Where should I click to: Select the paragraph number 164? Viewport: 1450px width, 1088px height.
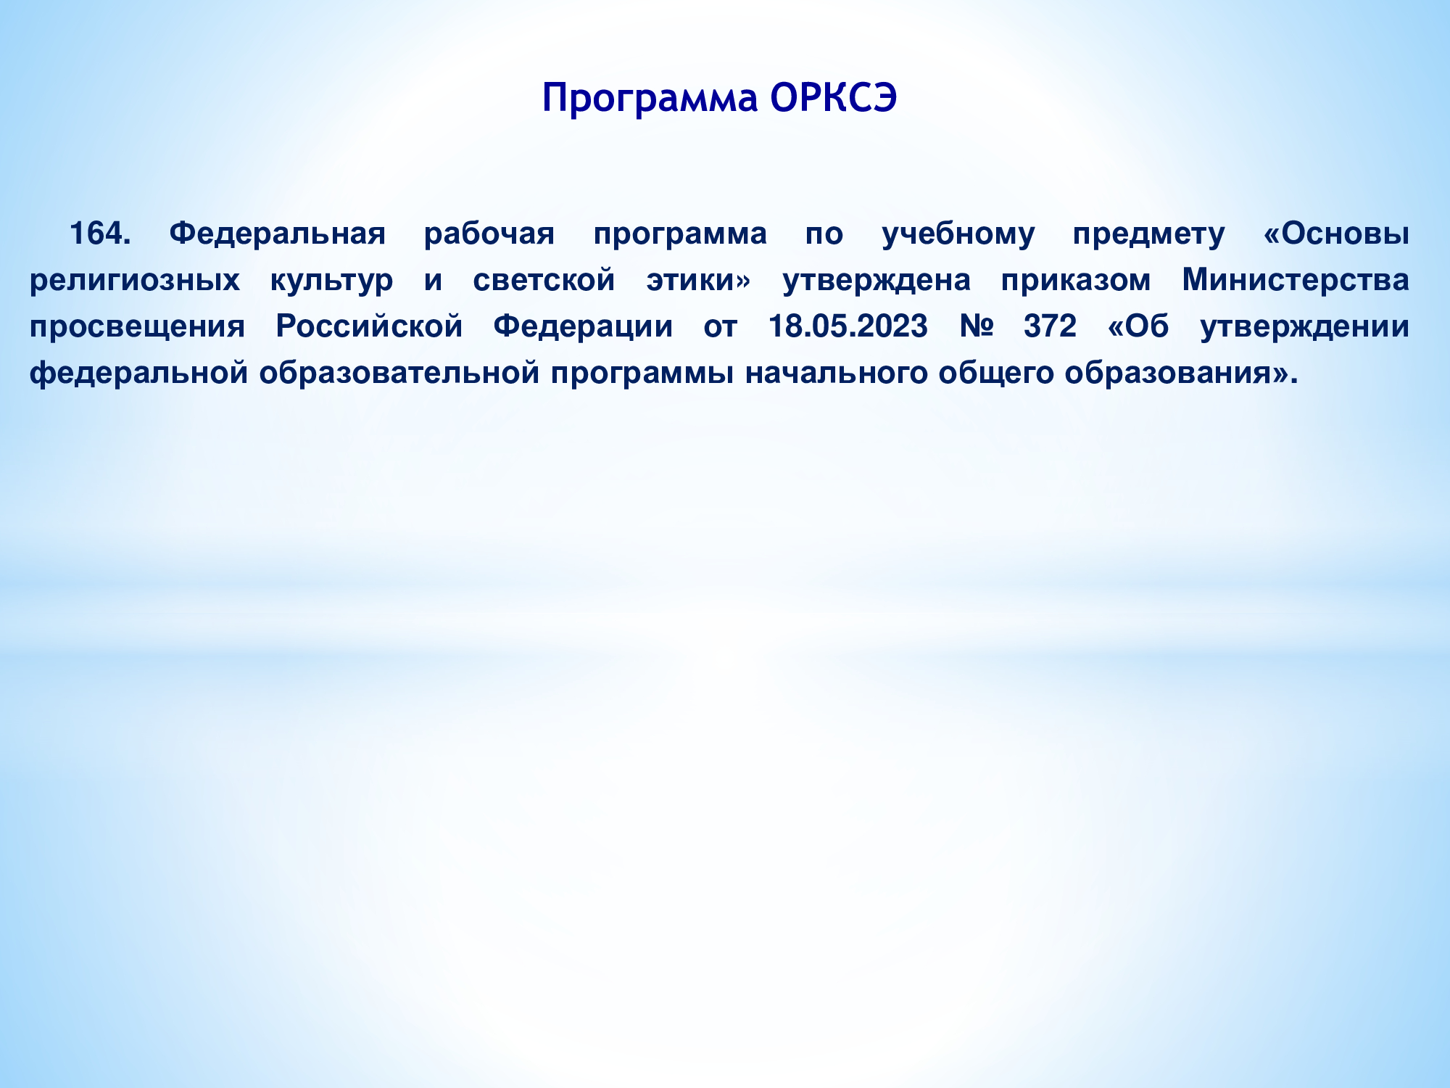[x=100, y=234]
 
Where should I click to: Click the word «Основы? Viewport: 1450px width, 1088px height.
[x=1336, y=234]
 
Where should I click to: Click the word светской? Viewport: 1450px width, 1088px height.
[x=544, y=280]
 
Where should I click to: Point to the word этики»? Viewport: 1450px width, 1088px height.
[x=699, y=281]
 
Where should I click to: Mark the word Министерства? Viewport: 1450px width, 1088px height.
[x=1296, y=280]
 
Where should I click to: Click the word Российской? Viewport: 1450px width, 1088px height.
[x=369, y=326]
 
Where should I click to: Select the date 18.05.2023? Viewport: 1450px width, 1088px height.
[x=848, y=326]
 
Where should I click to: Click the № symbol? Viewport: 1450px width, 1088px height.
[x=976, y=326]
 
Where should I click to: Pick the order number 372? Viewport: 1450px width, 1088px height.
[x=1051, y=326]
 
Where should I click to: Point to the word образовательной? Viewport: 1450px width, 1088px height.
[x=399, y=374]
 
